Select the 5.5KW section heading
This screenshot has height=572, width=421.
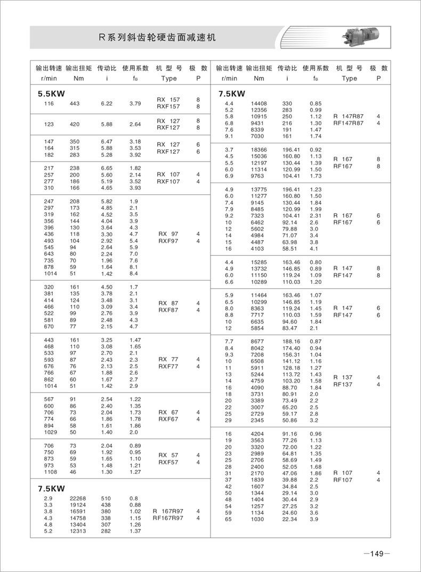pos(51,93)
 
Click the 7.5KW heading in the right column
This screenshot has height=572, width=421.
pos(232,93)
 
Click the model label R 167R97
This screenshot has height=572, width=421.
pos(167,511)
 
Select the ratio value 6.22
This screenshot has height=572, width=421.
pos(107,104)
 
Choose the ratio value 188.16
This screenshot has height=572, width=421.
pos(292,341)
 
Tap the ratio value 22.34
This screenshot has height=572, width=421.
pos(290,519)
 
